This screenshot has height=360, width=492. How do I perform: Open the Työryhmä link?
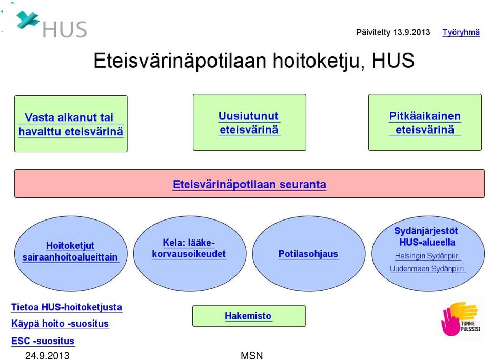(461, 32)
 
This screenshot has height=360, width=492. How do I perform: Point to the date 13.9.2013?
(411, 32)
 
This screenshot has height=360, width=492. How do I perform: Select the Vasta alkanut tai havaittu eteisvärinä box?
(71, 124)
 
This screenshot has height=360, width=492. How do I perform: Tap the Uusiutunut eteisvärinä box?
(249, 122)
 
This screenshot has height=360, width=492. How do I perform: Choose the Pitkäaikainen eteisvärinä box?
(425, 122)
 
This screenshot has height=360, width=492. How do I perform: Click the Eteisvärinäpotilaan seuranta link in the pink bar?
(249, 184)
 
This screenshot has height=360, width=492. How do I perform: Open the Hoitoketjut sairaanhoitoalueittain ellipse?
(71, 253)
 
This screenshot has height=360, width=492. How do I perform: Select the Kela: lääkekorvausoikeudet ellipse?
(190, 253)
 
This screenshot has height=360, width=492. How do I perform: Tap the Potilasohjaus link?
(308, 254)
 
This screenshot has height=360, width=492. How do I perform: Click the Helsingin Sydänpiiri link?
(427, 256)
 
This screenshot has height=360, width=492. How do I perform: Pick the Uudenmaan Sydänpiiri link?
(427, 269)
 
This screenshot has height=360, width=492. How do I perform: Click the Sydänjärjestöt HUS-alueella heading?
(426, 236)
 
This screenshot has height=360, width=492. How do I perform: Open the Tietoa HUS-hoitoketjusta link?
(67, 307)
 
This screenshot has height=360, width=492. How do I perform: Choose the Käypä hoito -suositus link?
(60, 323)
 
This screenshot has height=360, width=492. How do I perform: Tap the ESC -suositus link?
(43, 341)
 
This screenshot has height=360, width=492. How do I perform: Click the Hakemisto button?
(249, 316)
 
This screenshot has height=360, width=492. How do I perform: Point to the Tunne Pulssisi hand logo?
(460, 318)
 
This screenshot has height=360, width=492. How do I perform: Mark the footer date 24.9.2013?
(47, 355)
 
